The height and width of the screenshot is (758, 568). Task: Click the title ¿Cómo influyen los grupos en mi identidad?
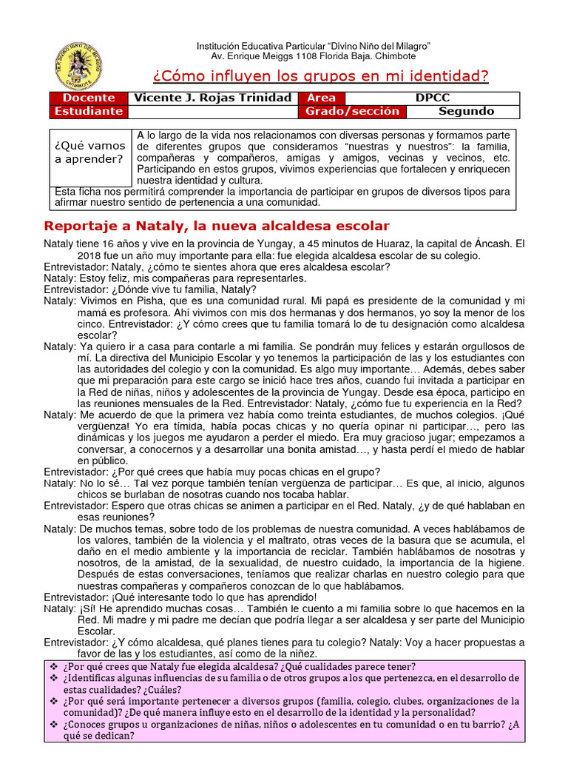tap(320, 77)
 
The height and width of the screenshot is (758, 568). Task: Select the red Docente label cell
tap(88, 98)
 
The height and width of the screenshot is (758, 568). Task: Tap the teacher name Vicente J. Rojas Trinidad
tap(212, 98)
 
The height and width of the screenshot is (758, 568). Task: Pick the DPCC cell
tap(432, 98)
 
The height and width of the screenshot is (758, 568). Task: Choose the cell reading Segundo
tap(466, 112)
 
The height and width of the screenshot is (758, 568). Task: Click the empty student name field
tap(212, 112)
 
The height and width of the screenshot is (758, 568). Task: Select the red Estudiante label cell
tap(88, 112)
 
